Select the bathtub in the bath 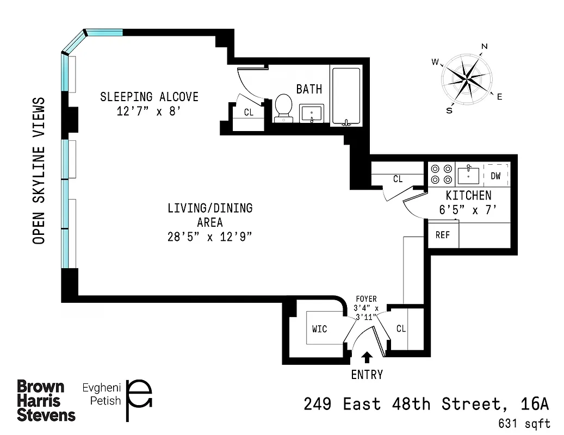(345, 96)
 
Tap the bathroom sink (312, 114)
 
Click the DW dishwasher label (495, 176)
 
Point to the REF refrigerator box (443, 235)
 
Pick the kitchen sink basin (468, 175)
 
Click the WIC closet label (320, 329)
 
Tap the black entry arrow (367, 357)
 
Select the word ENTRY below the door (367, 375)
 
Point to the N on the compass (484, 46)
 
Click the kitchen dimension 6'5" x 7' (468, 210)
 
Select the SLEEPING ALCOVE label (149, 97)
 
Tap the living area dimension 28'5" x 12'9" (210, 237)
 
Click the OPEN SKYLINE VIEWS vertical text (39, 171)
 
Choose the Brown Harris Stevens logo (46, 401)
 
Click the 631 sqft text (523, 424)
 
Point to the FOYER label (366, 299)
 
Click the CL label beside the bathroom (249, 113)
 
